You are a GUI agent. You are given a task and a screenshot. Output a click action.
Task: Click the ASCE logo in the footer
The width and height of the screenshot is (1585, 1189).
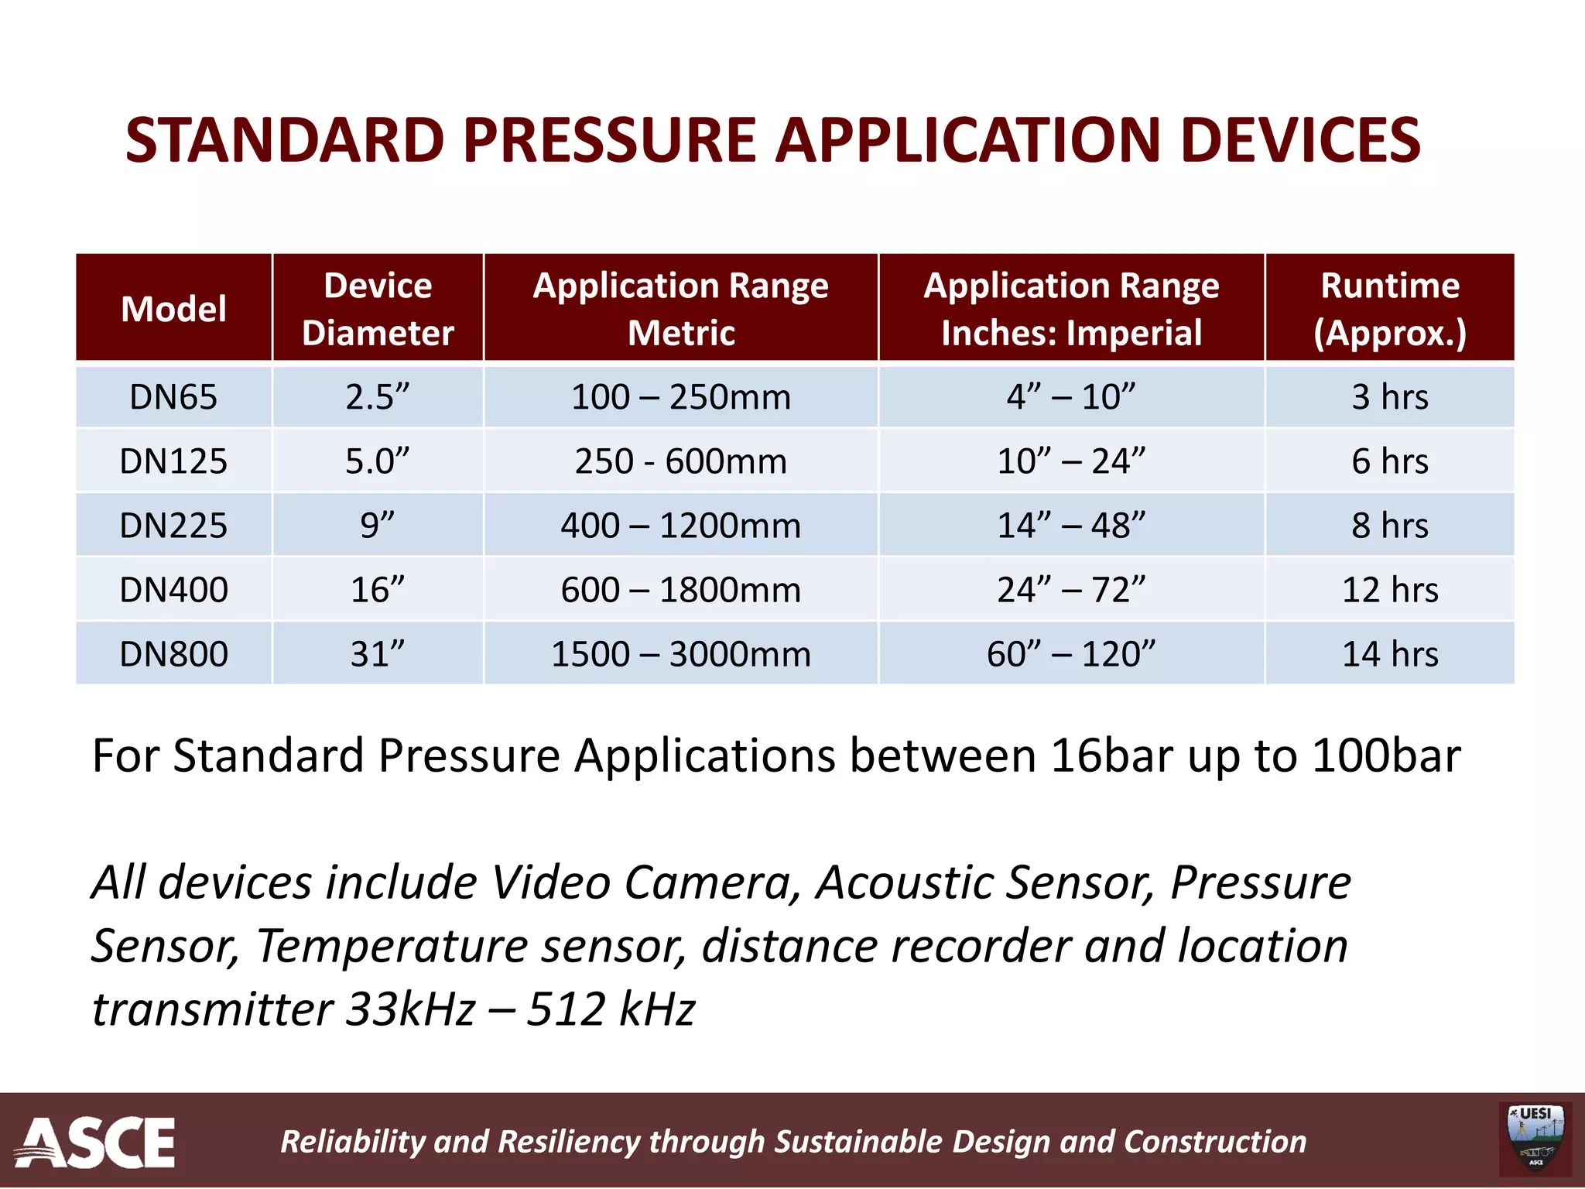(x=96, y=1142)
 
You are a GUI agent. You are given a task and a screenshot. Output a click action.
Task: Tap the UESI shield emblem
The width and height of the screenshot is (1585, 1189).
(x=1535, y=1139)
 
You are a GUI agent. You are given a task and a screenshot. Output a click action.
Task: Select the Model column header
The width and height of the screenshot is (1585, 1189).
(x=173, y=309)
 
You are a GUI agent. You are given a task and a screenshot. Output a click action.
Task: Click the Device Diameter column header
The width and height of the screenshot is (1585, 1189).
(x=378, y=309)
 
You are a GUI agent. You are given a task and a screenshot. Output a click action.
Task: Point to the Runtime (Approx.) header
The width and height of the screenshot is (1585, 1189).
(x=1389, y=309)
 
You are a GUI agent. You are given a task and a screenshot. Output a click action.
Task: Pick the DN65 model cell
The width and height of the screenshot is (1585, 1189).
(x=173, y=397)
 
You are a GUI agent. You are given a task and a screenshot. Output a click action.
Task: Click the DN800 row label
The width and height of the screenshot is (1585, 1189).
(x=173, y=654)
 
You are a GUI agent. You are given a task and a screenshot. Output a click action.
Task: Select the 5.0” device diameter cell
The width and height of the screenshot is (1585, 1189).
(x=377, y=461)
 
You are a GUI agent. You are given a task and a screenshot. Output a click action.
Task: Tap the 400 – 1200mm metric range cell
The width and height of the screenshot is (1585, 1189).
(x=680, y=526)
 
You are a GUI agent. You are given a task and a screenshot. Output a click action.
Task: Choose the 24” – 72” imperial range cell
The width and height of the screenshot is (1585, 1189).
(x=1070, y=590)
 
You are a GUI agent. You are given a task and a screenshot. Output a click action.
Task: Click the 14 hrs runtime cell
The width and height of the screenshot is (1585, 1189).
(x=1389, y=654)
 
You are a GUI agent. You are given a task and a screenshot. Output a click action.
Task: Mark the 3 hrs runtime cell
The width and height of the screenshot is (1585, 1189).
(x=1389, y=397)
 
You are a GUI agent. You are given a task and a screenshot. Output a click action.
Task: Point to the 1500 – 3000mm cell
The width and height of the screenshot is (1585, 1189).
(x=680, y=654)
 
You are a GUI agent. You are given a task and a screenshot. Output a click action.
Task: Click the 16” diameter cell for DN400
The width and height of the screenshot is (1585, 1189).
(x=377, y=590)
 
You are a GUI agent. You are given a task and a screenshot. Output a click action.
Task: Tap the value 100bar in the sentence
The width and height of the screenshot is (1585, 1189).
(x=1386, y=756)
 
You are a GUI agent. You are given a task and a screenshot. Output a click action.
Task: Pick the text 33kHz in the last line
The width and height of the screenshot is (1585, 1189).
(x=410, y=1009)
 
